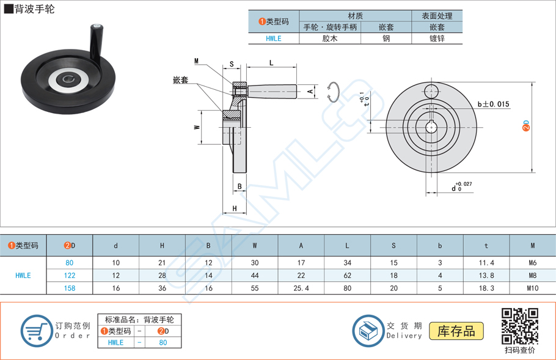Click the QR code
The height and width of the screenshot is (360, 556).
coord(519,326)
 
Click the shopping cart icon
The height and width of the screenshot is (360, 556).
coord(37,331)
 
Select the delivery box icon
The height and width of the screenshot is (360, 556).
coord(368,331)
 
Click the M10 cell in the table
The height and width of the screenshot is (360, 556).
coord(532,288)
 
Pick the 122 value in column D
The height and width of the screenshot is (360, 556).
coord(70,276)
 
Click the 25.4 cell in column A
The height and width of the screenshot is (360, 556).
coord(301,288)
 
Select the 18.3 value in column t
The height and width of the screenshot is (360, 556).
coord(486,288)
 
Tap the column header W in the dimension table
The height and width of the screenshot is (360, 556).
coord(254,246)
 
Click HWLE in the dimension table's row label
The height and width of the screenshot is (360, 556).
coord(23,276)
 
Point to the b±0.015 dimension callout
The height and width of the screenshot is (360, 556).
coord(492,105)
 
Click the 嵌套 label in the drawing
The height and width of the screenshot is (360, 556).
coord(180,80)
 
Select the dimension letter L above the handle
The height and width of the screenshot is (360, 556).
coord(271,63)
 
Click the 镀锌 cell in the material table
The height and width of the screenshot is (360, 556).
coord(436,39)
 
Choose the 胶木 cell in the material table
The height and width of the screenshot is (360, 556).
coord(329,39)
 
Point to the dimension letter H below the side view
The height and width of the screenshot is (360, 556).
coord(235,209)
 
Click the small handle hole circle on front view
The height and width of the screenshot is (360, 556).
coord(431,91)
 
